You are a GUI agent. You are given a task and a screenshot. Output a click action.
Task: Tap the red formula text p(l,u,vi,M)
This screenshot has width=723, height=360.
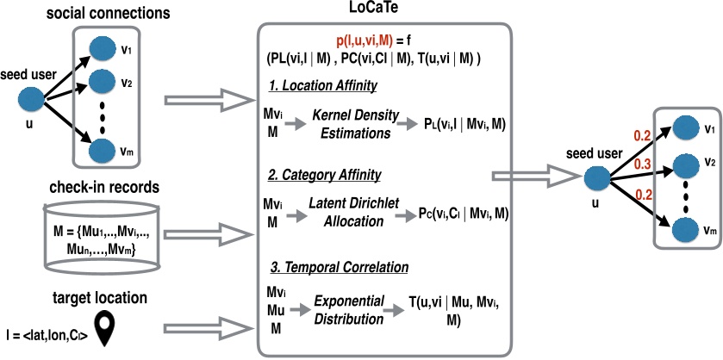click(x=365, y=41)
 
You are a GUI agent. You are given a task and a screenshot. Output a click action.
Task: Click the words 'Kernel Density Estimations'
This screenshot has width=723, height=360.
click(x=354, y=124)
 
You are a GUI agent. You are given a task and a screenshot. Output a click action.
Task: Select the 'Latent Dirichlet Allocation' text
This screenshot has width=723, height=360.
click(x=354, y=213)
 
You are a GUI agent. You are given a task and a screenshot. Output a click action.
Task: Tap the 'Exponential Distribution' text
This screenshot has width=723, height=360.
click(x=349, y=310)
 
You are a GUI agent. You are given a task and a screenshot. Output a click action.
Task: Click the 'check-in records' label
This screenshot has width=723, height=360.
click(x=103, y=187)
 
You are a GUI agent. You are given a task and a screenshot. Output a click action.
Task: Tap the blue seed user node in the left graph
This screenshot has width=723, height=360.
click(x=31, y=99)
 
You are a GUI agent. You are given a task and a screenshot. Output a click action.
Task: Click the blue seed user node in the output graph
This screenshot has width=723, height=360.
click(x=597, y=178)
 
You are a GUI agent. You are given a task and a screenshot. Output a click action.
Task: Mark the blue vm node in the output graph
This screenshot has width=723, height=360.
click(x=685, y=230)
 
